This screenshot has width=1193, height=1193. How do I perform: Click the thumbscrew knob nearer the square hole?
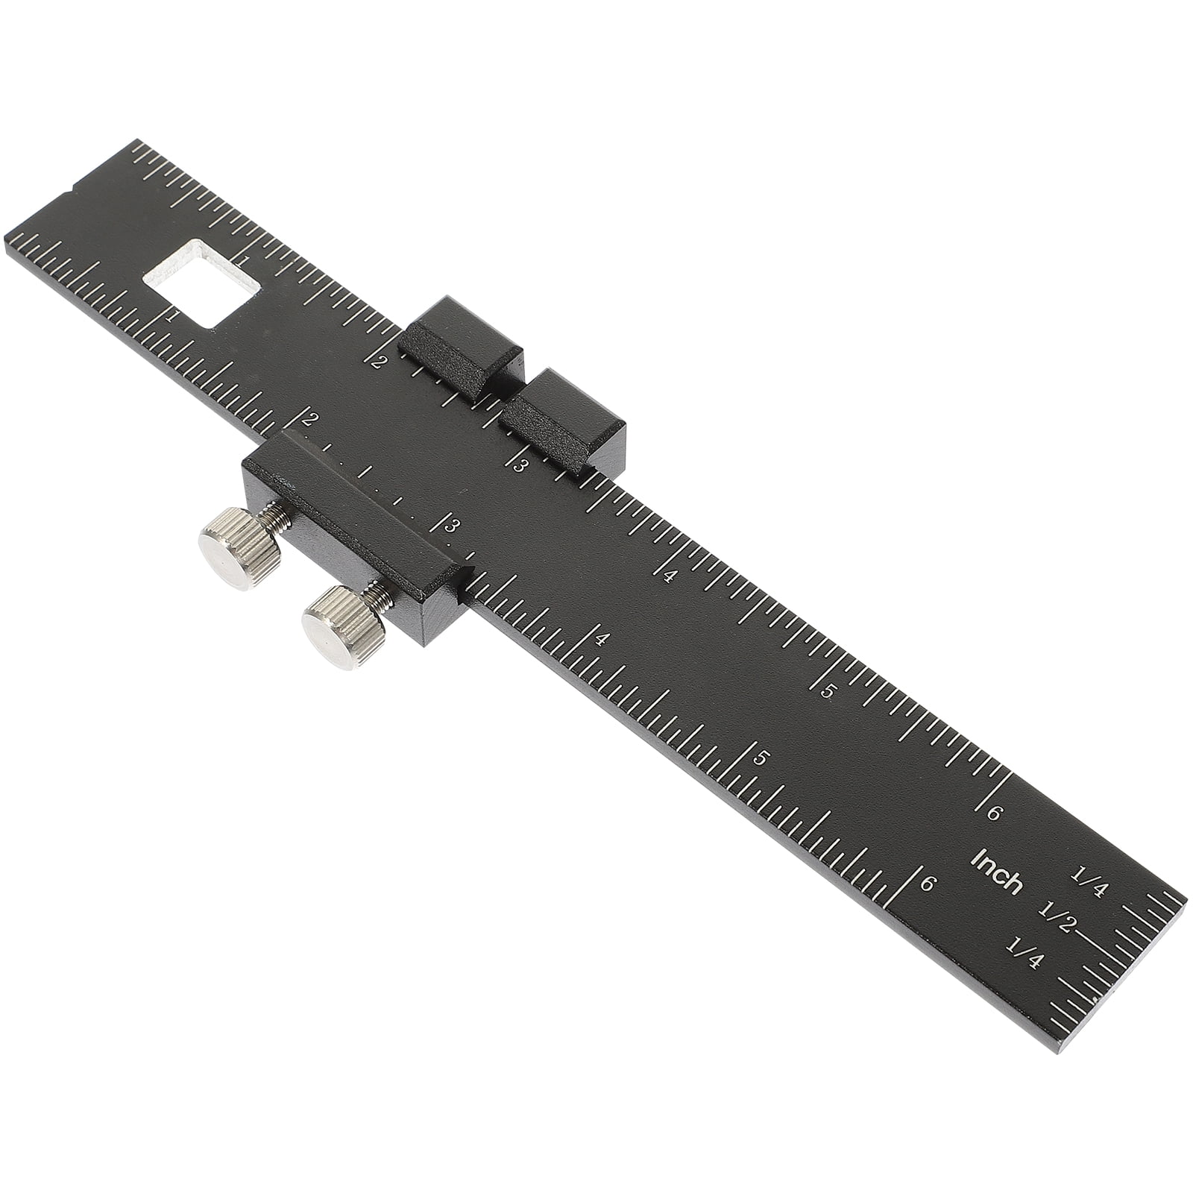[x=239, y=549]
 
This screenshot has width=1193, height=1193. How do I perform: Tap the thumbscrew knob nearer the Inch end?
[x=342, y=626]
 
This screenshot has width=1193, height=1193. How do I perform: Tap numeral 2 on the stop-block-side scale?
[x=380, y=362]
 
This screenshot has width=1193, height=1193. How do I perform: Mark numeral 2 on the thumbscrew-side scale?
[x=306, y=419]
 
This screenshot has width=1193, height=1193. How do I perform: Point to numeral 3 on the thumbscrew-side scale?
[x=450, y=526]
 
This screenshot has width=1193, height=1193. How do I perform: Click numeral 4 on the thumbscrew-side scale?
[x=602, y=639]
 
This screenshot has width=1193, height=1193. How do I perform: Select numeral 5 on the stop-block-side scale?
[x=826, y=690]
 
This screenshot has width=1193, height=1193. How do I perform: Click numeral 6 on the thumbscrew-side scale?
[x=927, y=884]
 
